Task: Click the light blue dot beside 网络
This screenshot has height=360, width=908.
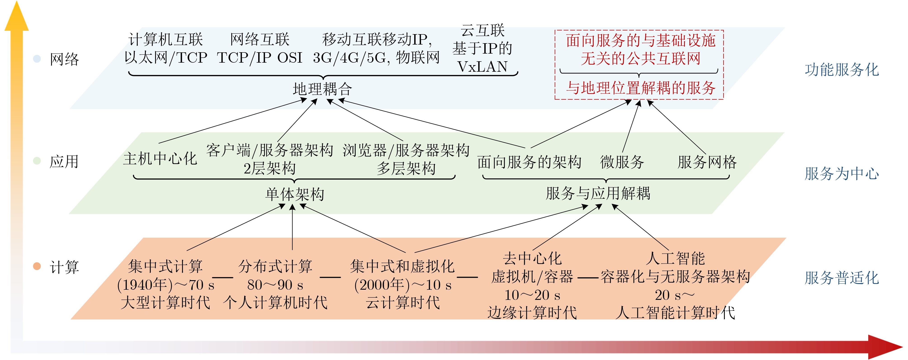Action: click(x=37, y=59)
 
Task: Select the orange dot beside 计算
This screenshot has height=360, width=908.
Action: click(x=37, y=266)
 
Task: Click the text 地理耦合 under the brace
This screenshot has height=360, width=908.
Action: click(x=322, y=89)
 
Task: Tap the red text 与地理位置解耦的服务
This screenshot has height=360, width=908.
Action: click(x=641, y=88)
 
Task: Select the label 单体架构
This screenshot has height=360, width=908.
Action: click(x=295, y=194)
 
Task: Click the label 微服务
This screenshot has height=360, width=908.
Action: click(x=622, y=162)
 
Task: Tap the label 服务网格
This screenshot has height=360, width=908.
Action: click(x=707, y=162)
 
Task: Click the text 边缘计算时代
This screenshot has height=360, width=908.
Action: click(x=532, y=313)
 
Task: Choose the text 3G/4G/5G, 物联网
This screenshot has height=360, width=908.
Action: click(x=376, y=57)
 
